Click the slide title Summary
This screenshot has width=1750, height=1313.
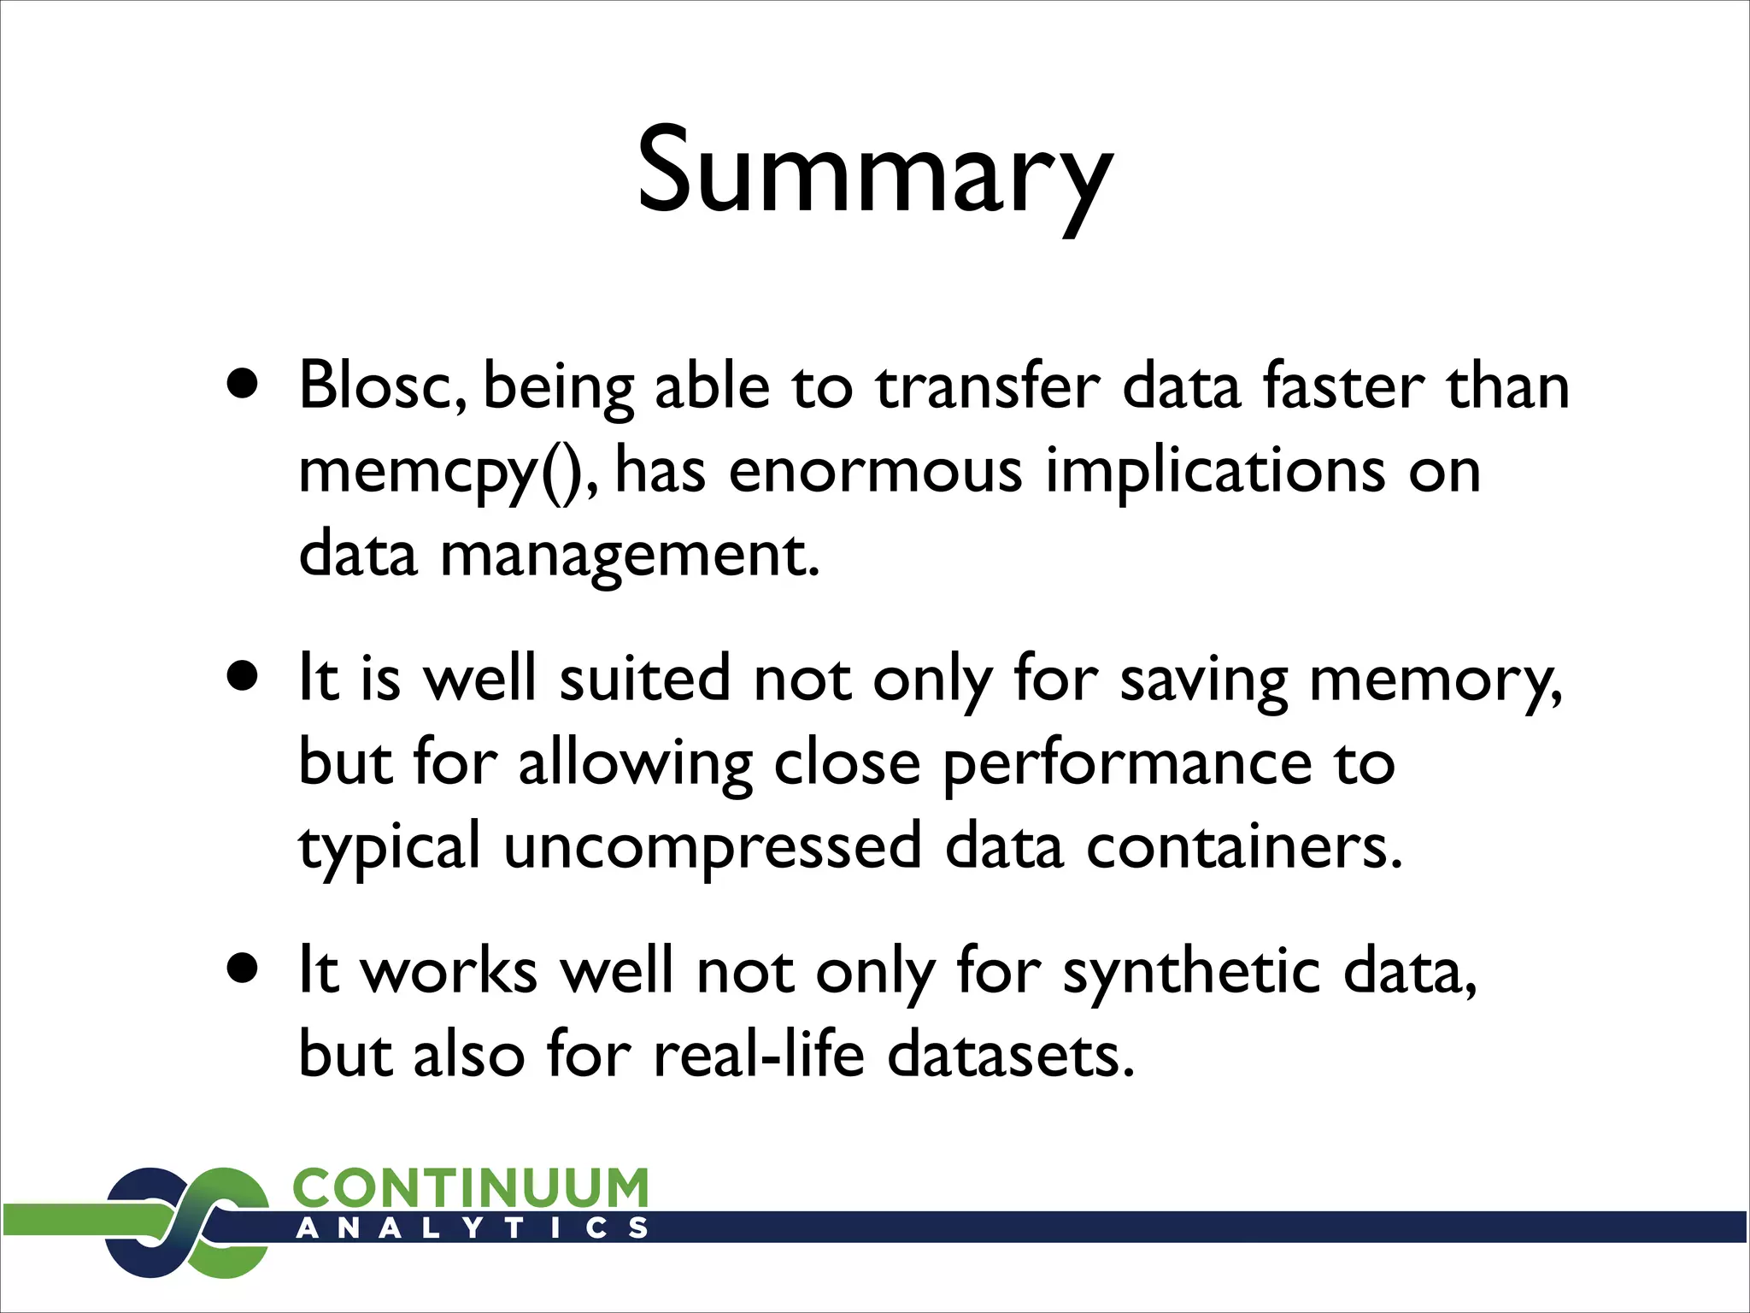(x=875, y=171)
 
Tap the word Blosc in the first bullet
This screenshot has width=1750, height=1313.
(x=381, y=386)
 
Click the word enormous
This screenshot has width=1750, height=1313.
(x=875, y=472)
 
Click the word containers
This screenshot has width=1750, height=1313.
(x=1244, y=846)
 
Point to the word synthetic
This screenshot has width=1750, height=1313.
(x=1192, y=973)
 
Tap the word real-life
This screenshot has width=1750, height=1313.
(x=759, y=1055)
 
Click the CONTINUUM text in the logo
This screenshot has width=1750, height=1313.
(x=471, y=1188)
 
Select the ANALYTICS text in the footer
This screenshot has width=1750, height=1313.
(x=473, y=1228)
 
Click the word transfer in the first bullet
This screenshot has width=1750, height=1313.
(x=986, y=386)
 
